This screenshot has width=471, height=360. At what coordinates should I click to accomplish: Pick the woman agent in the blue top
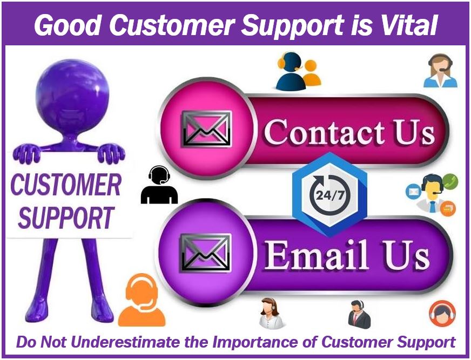[440, 71]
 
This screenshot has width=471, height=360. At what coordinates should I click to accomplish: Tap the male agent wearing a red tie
[359, 314]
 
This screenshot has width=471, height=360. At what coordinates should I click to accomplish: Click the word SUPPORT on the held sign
[66, 217]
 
